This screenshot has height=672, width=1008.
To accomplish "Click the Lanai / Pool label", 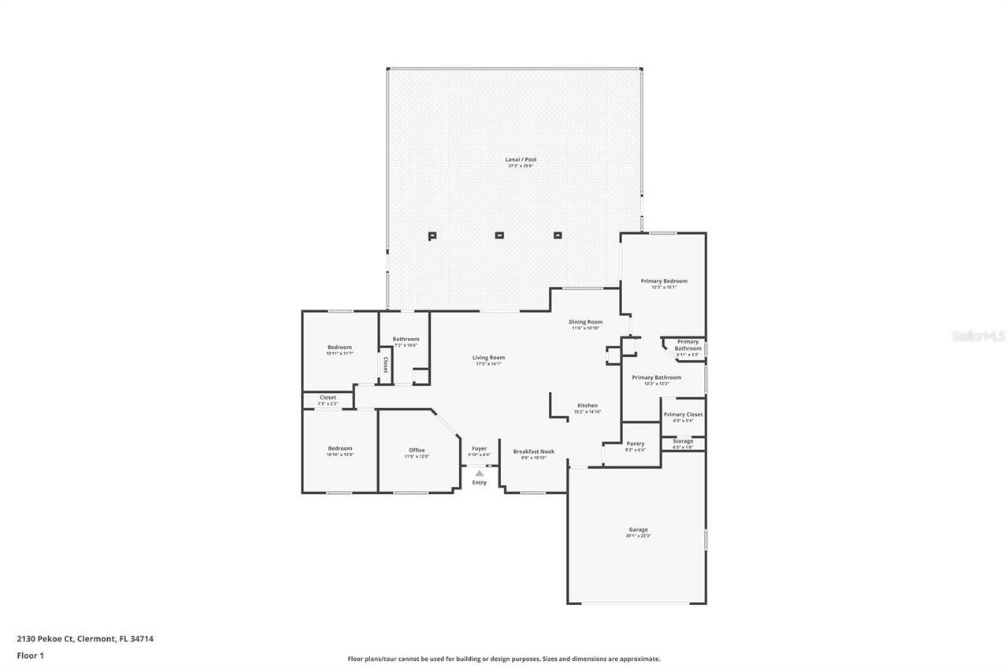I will [521, 160].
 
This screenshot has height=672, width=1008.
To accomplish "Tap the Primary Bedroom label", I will [664, 281].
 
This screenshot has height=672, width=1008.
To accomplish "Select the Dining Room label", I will [586, 321].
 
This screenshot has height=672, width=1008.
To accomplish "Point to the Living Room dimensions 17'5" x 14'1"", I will [489, 364].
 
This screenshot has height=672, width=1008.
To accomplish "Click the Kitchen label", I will [587, 406].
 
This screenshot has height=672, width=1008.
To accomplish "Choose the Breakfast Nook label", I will [533, 451].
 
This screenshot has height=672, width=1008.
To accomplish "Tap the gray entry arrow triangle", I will [480, 473].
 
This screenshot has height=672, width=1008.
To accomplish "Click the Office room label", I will [417, 450].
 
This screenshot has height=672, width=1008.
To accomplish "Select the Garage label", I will [638, 529].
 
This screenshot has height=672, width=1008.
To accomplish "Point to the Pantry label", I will [636, 444].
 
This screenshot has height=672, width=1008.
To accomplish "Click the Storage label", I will [683, 441].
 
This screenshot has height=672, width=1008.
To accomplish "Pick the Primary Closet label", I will [683, 414].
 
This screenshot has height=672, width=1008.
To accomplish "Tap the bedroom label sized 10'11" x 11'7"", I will [339, 347].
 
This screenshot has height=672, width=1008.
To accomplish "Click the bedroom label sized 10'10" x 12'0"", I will [339, 448].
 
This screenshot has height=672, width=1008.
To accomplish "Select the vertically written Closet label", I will [385, 366].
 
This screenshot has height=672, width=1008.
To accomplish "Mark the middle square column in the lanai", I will [498, 235].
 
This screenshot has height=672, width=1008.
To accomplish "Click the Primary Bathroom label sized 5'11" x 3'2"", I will [687, 345].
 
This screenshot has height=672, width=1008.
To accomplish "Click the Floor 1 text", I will [30, 655].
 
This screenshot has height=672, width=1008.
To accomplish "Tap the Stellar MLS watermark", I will [978, 336].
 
